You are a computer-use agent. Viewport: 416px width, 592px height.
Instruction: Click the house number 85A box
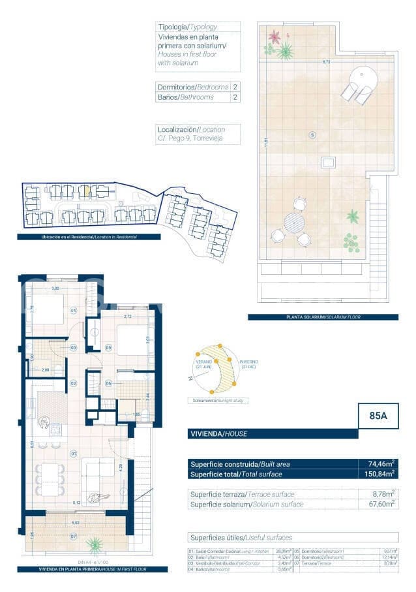tap(378, 416)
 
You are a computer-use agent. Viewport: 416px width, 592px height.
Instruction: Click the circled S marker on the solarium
tap(312, 135)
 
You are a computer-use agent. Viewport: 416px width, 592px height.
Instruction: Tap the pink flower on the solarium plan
tap(274, 37)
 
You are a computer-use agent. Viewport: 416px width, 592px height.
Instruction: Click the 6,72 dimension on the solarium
tap(326, 62)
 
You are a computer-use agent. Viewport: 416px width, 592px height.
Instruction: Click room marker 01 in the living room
tap(74, 453)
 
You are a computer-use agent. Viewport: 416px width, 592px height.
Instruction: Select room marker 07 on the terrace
tap(74, 537)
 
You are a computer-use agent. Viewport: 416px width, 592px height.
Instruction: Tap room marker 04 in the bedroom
tap(74, 310)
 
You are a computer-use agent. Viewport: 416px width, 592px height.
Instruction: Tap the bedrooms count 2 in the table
tap(235, 87)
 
